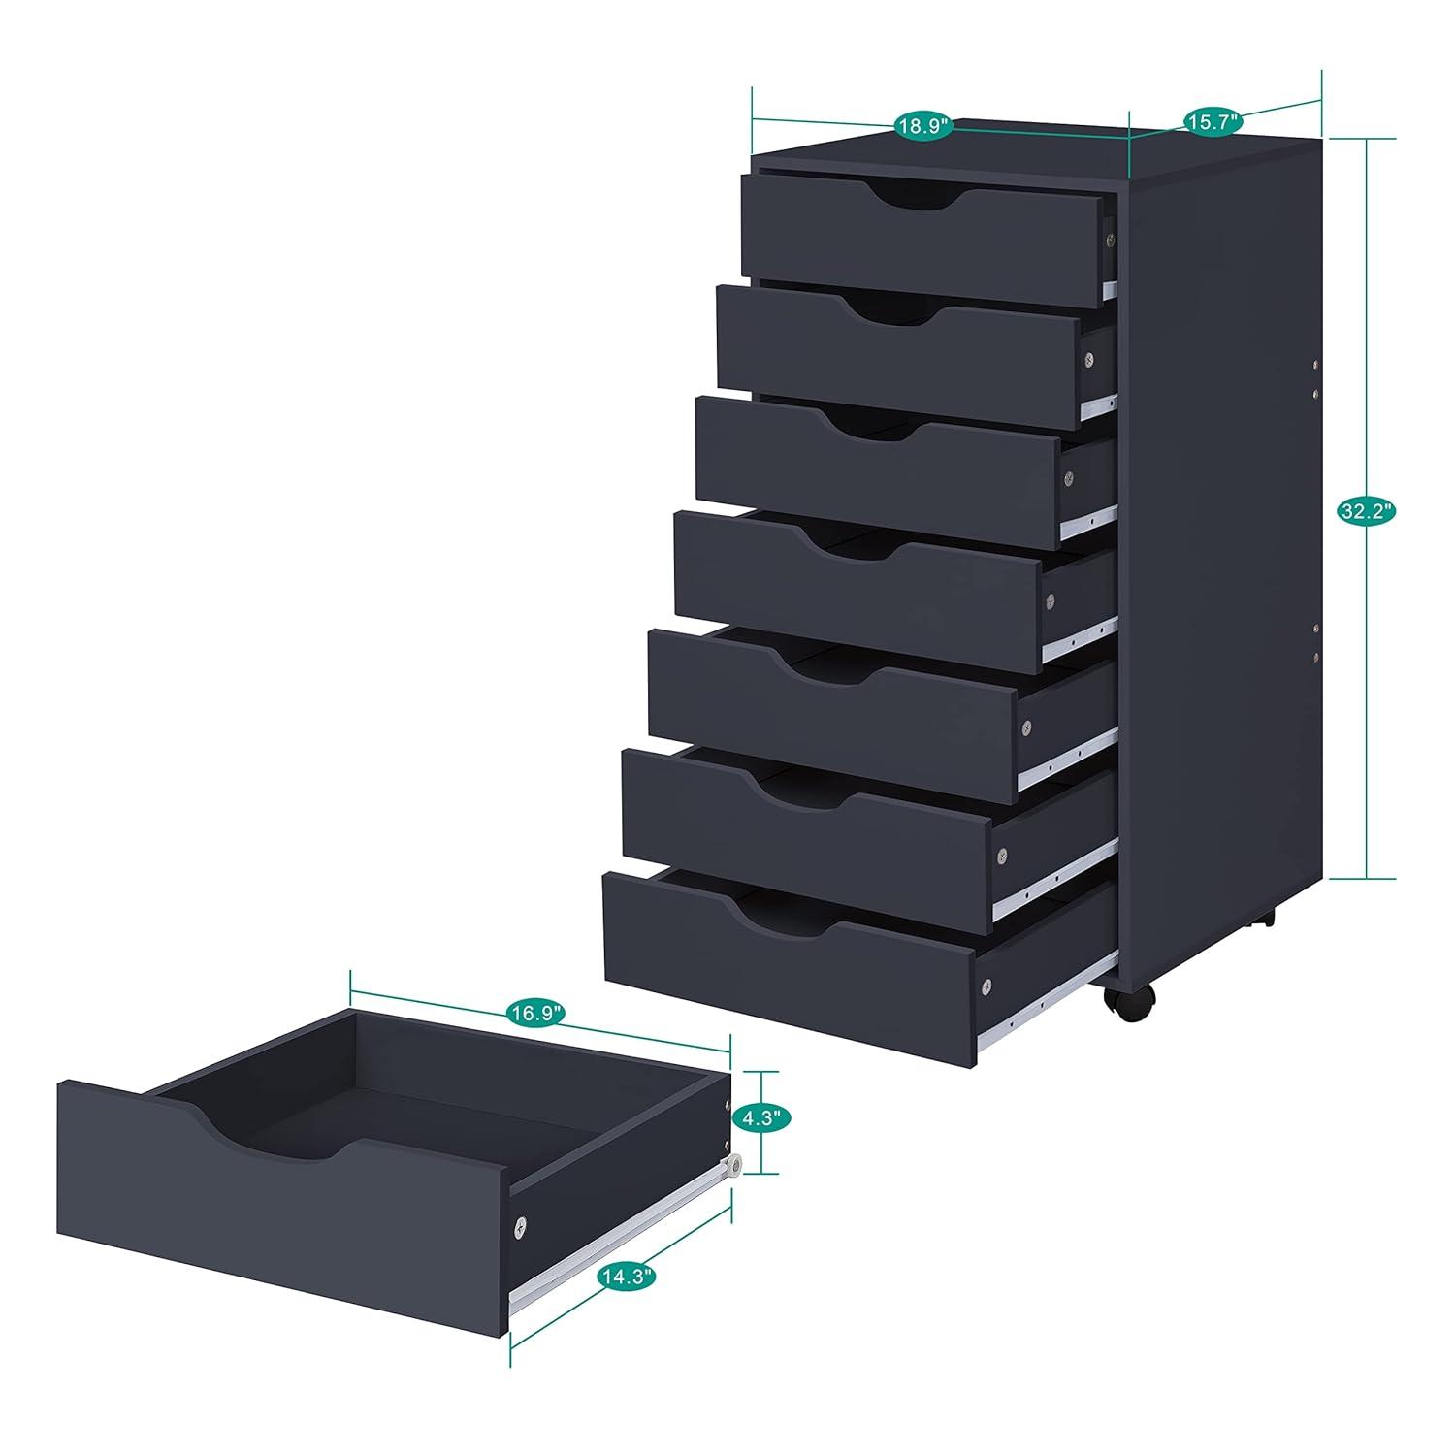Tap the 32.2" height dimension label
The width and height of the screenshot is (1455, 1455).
pos(1367,512)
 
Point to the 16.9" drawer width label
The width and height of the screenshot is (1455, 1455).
pos(533,1015)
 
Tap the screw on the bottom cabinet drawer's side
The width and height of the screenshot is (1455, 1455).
pos(986,986)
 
